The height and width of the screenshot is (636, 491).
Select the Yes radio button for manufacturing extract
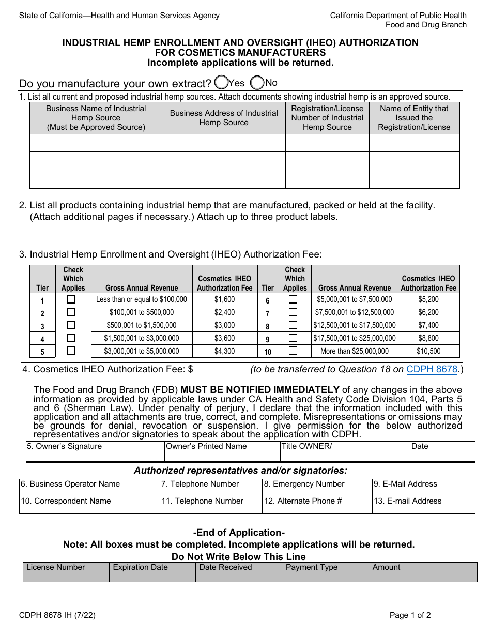point(221,83)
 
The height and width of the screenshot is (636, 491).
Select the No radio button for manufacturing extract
point(257,83)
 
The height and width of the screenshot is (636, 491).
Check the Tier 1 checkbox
point(71,299)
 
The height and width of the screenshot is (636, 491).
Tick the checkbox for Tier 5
point(71,351)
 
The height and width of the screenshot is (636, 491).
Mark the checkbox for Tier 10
point(293,351)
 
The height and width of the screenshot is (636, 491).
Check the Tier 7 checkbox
point(293,312)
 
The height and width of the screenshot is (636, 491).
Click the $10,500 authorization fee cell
point(428,351)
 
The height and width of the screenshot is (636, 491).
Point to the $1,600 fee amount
point(224,299)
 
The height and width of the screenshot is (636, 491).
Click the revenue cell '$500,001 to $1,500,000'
point(141,325)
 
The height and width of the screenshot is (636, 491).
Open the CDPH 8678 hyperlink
point(432,369)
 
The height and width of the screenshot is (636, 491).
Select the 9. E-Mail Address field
point(423,488)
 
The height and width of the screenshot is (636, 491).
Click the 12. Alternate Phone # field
point(317,505)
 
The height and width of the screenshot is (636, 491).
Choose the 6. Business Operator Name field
point(89,488)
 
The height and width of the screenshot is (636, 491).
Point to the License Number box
point(66,572)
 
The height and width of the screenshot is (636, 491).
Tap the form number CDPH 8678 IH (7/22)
point(57,615)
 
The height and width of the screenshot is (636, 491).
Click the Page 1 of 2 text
point(410,615)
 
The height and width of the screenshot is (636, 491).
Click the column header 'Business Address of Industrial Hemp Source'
point(224,118)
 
